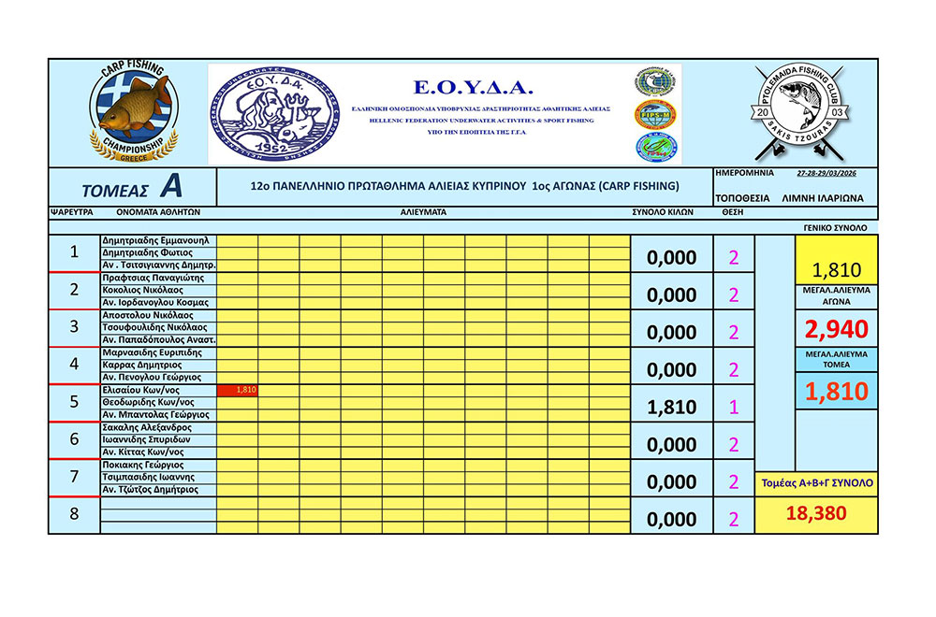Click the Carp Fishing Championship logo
pyautogui.click(x=132, y=114)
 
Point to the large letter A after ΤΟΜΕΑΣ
pyautogui.click(x=169, y=187)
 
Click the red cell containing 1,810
pyautogui.click(x=237, y=390)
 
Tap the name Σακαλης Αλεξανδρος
pyautogui.click(x=148, y=427)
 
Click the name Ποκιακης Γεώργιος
pyautogui.click(x=143, y=465)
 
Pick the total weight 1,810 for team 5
pyautogui.click(x=672, y=408)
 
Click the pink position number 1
pyautogui.click(x=733, y=408)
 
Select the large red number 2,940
pyautogui.click(x=836, y=328)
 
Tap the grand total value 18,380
pyautogui.click(x=817, y=513)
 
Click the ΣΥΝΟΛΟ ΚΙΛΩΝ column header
pyautogui.click(x=664, y=213)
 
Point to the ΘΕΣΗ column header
pyautogui.click(x=733, y=213)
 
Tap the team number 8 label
pyautogui.click(x=74, y=513)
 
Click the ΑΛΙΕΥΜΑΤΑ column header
pyautogui.click(x=423, y=213)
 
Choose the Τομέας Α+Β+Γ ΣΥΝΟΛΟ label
pyautogui.click(x=816, y=483)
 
